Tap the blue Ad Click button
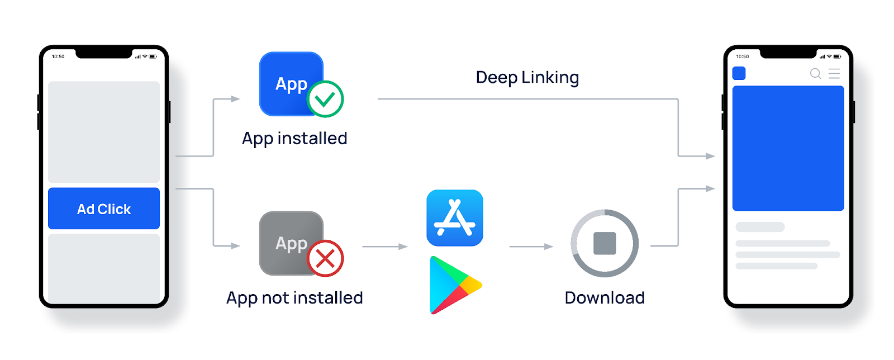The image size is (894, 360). [104, 209]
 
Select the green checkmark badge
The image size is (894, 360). [325, 99]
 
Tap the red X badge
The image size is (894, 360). [325, 258]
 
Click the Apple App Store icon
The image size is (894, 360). [455, 218]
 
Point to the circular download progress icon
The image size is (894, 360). [605, 243]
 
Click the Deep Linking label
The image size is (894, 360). [527, 77]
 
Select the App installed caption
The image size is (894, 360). [294, 138]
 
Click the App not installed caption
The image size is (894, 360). [294, 297]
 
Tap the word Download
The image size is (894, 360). [605, 297]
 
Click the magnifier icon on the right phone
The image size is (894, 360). [815, 74]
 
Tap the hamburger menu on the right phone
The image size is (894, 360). [834, 73]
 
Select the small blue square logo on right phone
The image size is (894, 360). [739, 73]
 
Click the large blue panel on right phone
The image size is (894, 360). [788, 148]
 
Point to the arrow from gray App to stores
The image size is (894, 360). [385, 246]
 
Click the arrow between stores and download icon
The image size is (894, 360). [531, 246]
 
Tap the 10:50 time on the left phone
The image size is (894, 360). [58, 56]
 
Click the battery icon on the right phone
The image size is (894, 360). [837, 56]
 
